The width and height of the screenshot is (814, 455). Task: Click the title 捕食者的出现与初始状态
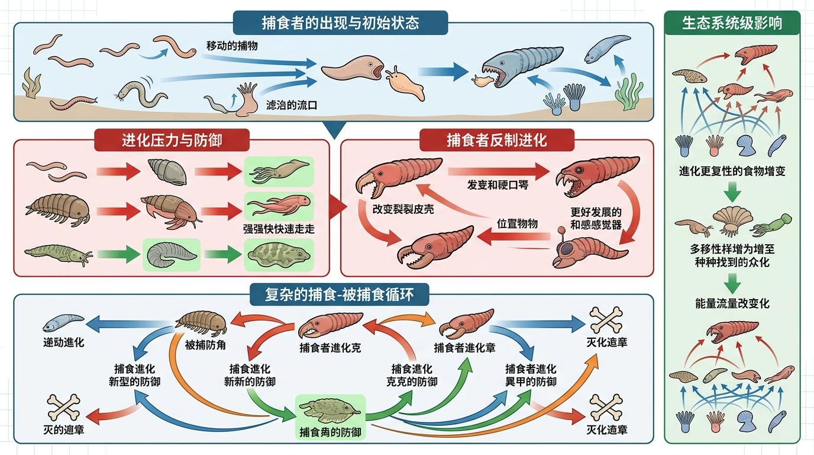point(340,23)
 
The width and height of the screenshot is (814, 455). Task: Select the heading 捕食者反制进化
point(496,140)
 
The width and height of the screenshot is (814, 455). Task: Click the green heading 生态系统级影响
point(732,23)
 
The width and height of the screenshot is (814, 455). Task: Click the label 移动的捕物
point(232,45)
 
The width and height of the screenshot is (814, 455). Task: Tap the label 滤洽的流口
point(292,106)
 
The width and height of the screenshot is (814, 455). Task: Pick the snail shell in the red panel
point(167,171)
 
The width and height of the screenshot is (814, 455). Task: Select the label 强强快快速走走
point(278,229)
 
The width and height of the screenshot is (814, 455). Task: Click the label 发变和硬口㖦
point(498,185)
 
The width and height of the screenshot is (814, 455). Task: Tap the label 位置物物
point(517,223)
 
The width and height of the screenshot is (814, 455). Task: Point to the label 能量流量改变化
point(732,303)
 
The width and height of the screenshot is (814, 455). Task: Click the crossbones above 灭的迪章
point(63,407)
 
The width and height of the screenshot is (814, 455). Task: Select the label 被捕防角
point(205,345)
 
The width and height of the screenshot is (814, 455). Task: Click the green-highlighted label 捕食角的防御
point(331,432)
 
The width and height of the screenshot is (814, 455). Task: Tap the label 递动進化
point(63,342)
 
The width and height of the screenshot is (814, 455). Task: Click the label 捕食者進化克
point(330,348)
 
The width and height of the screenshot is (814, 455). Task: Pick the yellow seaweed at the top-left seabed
point(31,83)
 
